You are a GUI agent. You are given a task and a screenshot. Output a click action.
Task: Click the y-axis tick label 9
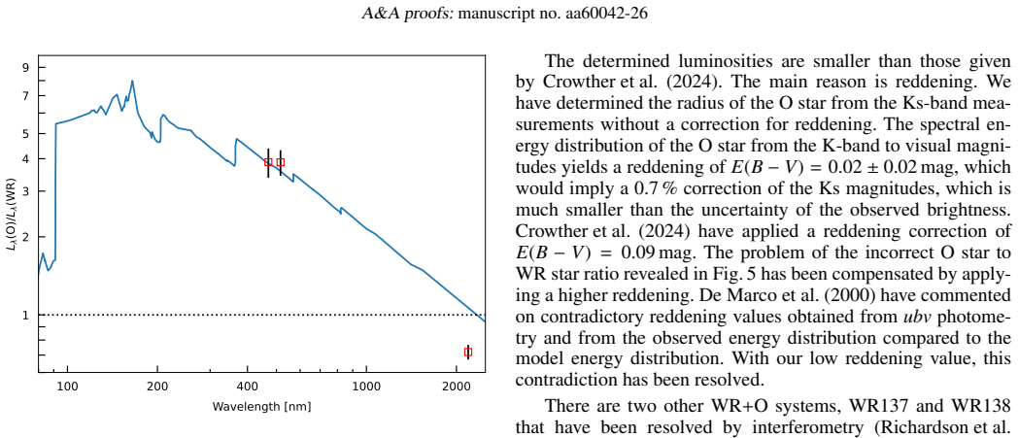point(25,67)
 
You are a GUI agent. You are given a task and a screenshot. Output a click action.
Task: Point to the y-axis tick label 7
point(25,96)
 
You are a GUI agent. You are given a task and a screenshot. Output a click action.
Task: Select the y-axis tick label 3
point(25,191)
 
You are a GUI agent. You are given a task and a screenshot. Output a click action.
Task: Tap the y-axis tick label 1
point(25,316)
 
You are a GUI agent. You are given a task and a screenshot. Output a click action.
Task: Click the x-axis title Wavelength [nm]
point(261,408)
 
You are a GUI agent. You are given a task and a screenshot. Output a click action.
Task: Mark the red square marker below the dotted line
point(468,353)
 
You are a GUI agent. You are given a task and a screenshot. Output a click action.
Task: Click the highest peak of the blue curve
point(132,82)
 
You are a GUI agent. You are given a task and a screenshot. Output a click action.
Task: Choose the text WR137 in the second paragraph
point(830,406)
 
